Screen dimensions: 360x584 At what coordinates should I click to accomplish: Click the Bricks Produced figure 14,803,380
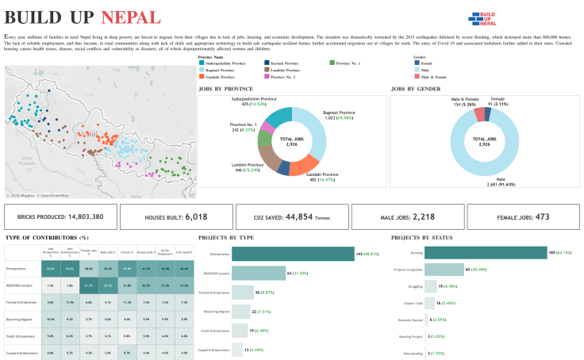coord(82,216)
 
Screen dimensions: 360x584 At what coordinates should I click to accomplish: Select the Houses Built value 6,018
coord(196,216)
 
